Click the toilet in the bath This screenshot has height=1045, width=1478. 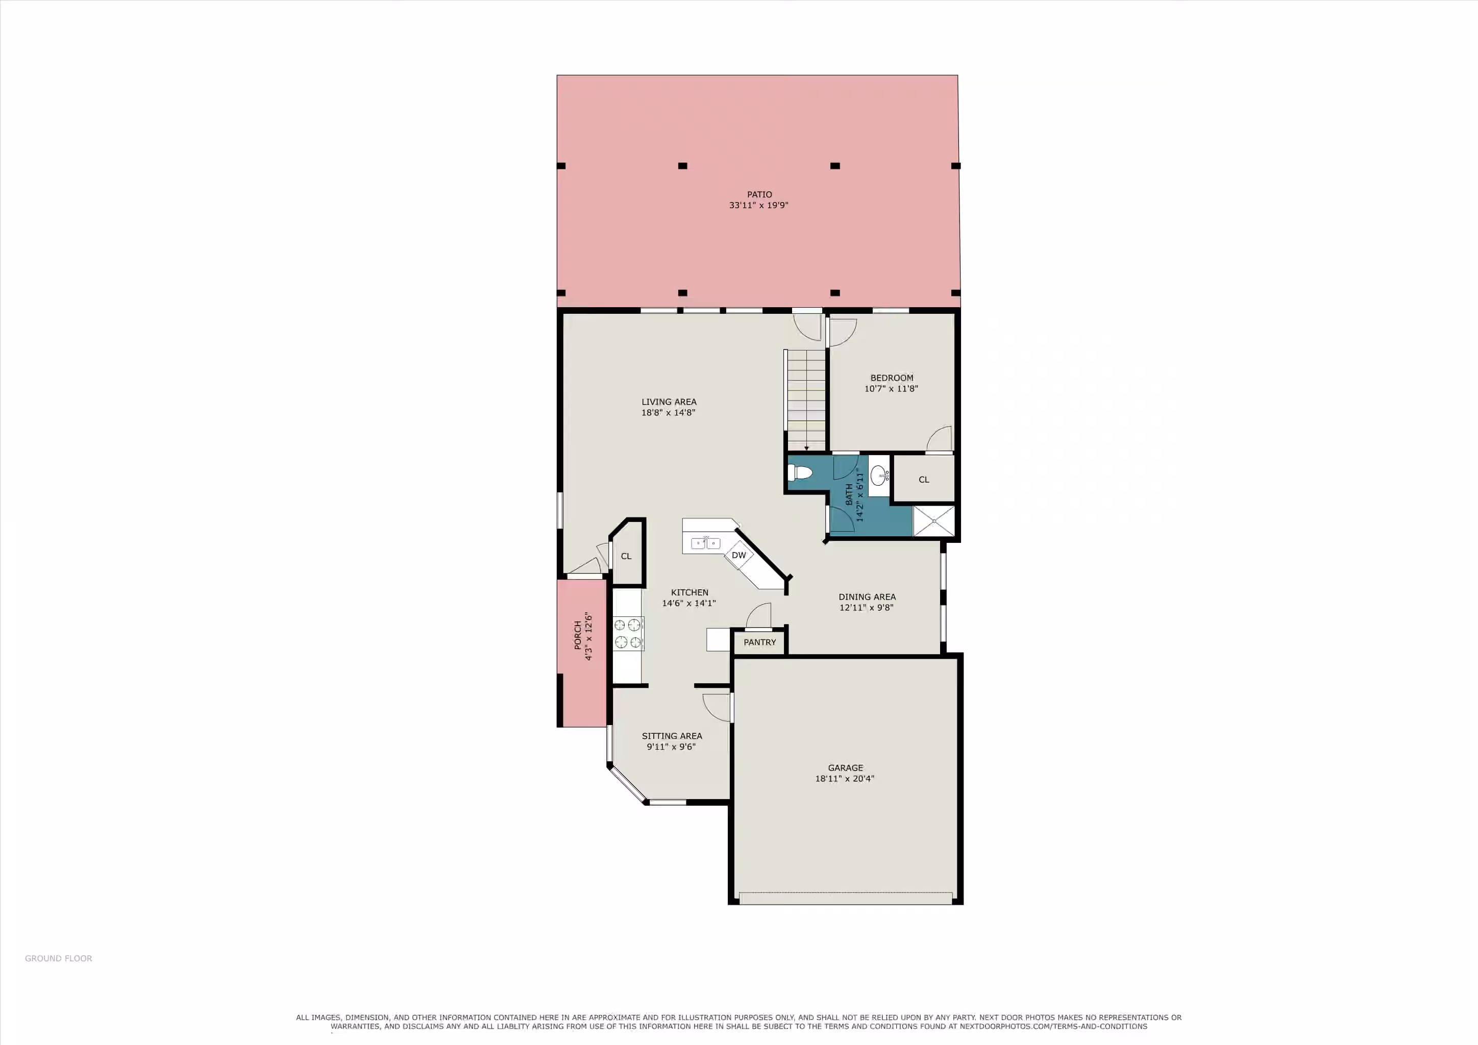coord(800,473)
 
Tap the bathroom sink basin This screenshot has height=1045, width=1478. coord(879,476)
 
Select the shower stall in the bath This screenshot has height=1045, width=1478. coord(934,520)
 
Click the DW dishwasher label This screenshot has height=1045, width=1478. coord(739,555)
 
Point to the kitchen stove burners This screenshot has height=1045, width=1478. coord(628,633)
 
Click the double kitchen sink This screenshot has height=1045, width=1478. coord(705,543)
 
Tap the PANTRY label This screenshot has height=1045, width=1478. coord(759,642)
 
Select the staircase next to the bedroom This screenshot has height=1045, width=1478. coord(805,400)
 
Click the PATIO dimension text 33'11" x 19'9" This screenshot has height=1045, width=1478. coord(759,205)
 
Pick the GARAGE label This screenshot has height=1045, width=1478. coord(845,767)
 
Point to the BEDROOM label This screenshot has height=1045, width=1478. coord(892,378)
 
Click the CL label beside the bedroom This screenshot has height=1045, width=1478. coord(924,480)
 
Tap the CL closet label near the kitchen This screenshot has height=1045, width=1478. coord(626,556)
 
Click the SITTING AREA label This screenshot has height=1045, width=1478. coord(672,735)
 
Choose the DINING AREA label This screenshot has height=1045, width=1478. coord(867,596)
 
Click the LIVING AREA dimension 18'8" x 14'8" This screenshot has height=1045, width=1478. coord(668,412)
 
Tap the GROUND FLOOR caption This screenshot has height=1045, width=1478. coord(59,958)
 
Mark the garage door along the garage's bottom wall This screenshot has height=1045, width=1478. coord(846,898)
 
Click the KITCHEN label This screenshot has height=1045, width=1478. coord(689,592)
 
